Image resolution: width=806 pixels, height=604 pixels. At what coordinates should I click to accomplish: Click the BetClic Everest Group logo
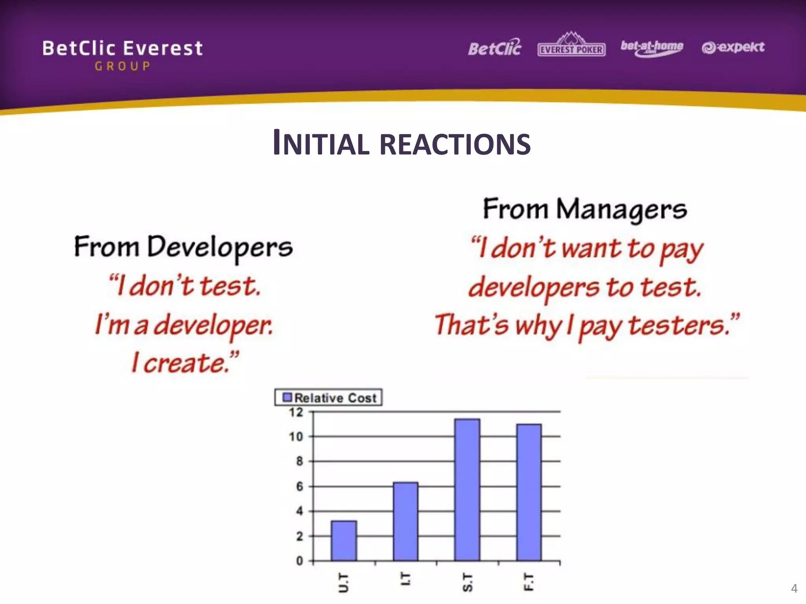[x=122, y=55]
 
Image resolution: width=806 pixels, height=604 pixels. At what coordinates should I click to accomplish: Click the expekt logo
[x=733, y=48]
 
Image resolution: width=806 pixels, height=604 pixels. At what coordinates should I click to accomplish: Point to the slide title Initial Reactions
[x=402, y=143]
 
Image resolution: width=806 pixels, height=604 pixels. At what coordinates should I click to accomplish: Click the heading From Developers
[x=183, y=247]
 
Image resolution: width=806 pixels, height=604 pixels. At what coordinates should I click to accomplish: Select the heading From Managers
[x=585, y=209]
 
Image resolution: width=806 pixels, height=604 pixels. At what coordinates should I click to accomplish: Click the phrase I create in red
[x=185, y=363]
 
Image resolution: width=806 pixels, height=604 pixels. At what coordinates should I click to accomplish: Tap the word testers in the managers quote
[x=676, y=326]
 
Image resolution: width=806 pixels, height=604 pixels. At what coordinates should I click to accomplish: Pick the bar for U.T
[x=344, y=541]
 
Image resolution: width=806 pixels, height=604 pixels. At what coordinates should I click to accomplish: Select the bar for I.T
[x=405, y=521]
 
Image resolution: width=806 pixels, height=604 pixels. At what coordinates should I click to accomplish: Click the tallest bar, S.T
[x=467, y=490]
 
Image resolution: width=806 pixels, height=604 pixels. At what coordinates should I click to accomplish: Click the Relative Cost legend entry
[x=329, y=398]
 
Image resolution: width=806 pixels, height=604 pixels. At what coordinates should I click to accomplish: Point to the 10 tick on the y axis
[x=296, y=436]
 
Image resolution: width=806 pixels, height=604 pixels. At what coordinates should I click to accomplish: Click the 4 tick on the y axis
[x=299, y=511]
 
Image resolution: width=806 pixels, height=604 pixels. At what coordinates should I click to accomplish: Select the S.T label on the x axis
[x=467, y=582]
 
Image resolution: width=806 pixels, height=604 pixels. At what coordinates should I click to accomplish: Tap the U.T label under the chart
[x=344, y=582]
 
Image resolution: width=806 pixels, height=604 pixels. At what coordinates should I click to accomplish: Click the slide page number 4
[x=794, y=589]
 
